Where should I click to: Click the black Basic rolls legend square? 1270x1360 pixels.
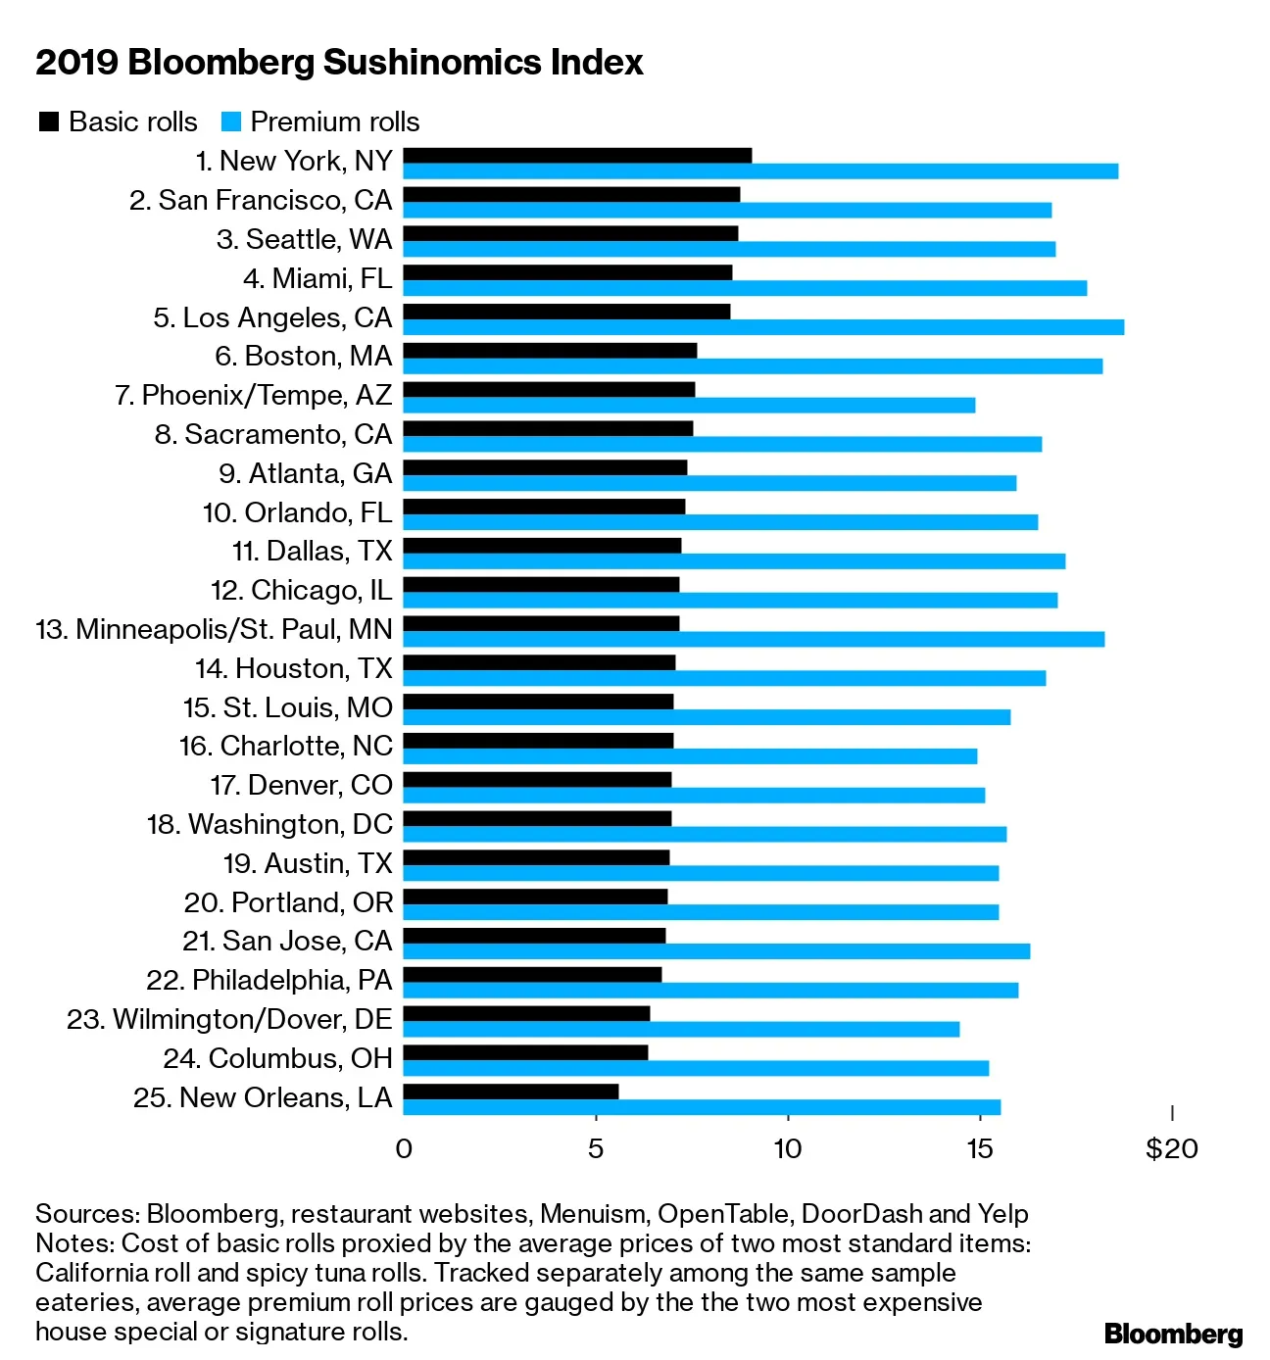[48, 121]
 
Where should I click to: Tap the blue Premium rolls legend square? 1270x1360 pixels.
[231, 121]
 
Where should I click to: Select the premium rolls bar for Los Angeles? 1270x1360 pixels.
[763, 326]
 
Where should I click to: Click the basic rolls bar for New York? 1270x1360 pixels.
[577, 155]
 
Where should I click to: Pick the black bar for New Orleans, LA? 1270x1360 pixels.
[511, 1091]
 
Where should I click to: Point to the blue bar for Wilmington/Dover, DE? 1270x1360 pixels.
[681, 1029]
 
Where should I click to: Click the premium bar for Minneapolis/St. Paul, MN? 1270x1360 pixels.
[754, 639]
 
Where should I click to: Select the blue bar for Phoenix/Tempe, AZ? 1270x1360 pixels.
[689, 405]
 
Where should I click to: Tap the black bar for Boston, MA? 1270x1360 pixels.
[550, 350]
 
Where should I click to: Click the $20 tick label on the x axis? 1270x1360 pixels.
[1171, 1148]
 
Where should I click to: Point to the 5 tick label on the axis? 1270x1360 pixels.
[595, 1148]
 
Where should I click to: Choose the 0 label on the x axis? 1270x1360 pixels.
[404, 1148]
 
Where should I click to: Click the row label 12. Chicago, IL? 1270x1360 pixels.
[301, 590]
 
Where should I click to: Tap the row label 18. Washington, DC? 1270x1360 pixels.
[269, 824]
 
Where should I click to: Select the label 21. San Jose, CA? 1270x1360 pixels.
[287, 941]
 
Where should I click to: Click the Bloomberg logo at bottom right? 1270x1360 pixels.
[1173, 1334]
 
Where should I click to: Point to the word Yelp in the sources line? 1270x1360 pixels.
[1002, 1213]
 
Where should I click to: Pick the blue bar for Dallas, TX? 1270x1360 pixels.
[734, 560]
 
